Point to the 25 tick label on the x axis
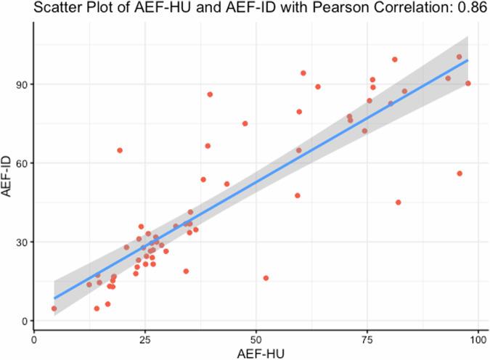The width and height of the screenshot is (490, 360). coord(144,338)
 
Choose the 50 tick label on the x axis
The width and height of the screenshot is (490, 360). coord(256,338)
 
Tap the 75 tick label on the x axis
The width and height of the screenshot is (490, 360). coord(367,338)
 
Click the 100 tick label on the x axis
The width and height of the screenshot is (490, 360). coord(477,338)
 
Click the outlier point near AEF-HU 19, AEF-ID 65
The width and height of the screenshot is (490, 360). coord(120,150)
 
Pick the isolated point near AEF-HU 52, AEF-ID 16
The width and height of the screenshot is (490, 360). coord(266,278)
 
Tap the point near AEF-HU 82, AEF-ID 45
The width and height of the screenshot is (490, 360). coord(398,202)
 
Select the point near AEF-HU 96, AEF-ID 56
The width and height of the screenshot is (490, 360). coord(460,173)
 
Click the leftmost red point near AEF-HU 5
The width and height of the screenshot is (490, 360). coord(54,308)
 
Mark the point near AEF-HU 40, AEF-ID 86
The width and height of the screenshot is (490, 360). coord(210,94)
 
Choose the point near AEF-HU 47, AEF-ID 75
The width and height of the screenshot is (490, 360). coord(245,123)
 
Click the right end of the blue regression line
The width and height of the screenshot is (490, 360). coord(467,61)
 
